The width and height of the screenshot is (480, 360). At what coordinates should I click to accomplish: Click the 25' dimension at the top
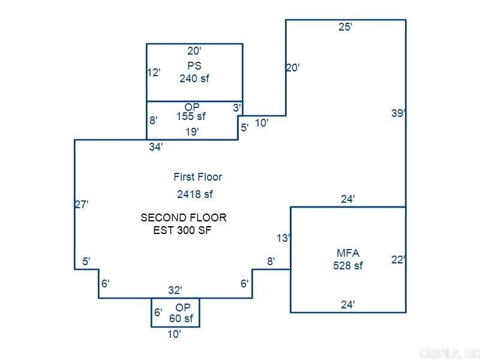tap(345, 27)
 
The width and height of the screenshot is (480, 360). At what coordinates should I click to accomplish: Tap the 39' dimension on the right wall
tap(398, 113)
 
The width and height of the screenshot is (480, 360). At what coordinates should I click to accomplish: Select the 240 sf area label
tap(194, 78)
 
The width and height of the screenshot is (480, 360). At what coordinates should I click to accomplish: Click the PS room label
tap(194, 66)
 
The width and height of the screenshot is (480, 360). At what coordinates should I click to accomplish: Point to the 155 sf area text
tap(191, 117)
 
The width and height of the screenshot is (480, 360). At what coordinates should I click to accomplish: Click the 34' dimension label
tap(155, 147)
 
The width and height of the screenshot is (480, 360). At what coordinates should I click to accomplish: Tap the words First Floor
tap(197, 177)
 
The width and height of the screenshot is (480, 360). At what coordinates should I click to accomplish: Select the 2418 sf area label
tap(195, 194)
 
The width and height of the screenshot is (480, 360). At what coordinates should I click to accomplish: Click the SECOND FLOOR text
tap(184, 218)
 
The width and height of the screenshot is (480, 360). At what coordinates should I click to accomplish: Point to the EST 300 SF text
tap(182, 230)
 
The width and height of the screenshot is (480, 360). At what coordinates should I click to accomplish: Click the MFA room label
tap(348, 253)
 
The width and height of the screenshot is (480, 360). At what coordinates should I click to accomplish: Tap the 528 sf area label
tap(348, 266)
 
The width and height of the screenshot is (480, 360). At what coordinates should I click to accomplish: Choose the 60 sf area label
tap(181, 319)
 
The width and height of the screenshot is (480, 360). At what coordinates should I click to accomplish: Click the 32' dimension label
tap(175, 291)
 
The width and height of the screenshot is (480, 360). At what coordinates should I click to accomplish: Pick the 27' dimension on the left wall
tap(82, 205)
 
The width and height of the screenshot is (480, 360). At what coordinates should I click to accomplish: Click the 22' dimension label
tap(398, 260)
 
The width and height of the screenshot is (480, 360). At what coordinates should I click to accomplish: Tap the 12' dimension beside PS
tap(154, 73)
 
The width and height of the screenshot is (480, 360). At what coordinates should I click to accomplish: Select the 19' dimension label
tap(191, 132)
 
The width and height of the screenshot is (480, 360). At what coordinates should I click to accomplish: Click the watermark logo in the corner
tap(449, 353)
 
